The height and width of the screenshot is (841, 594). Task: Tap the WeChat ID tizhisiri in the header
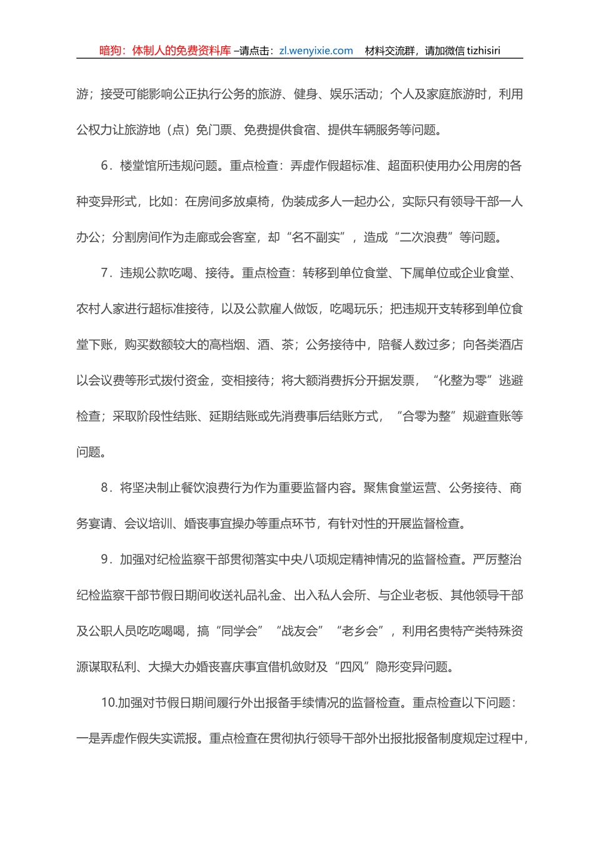[481, 51]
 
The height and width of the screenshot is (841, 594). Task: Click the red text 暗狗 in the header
[111, 51]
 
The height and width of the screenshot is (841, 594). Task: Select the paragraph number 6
[106, 166]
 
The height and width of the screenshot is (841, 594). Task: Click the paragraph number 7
[106, 273]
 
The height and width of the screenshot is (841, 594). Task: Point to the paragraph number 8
[106, 488]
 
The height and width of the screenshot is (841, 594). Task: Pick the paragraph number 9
[106, 559]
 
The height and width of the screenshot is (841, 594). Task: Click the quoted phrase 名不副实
[316, 238]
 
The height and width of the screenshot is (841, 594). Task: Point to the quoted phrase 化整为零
[465, 380]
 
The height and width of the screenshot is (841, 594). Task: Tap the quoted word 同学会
[239, 631]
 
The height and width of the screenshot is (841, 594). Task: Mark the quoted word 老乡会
[360, 631]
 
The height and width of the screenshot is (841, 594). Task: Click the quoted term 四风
[351, 667]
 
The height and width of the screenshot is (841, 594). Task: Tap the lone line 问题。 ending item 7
[91, 452]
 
